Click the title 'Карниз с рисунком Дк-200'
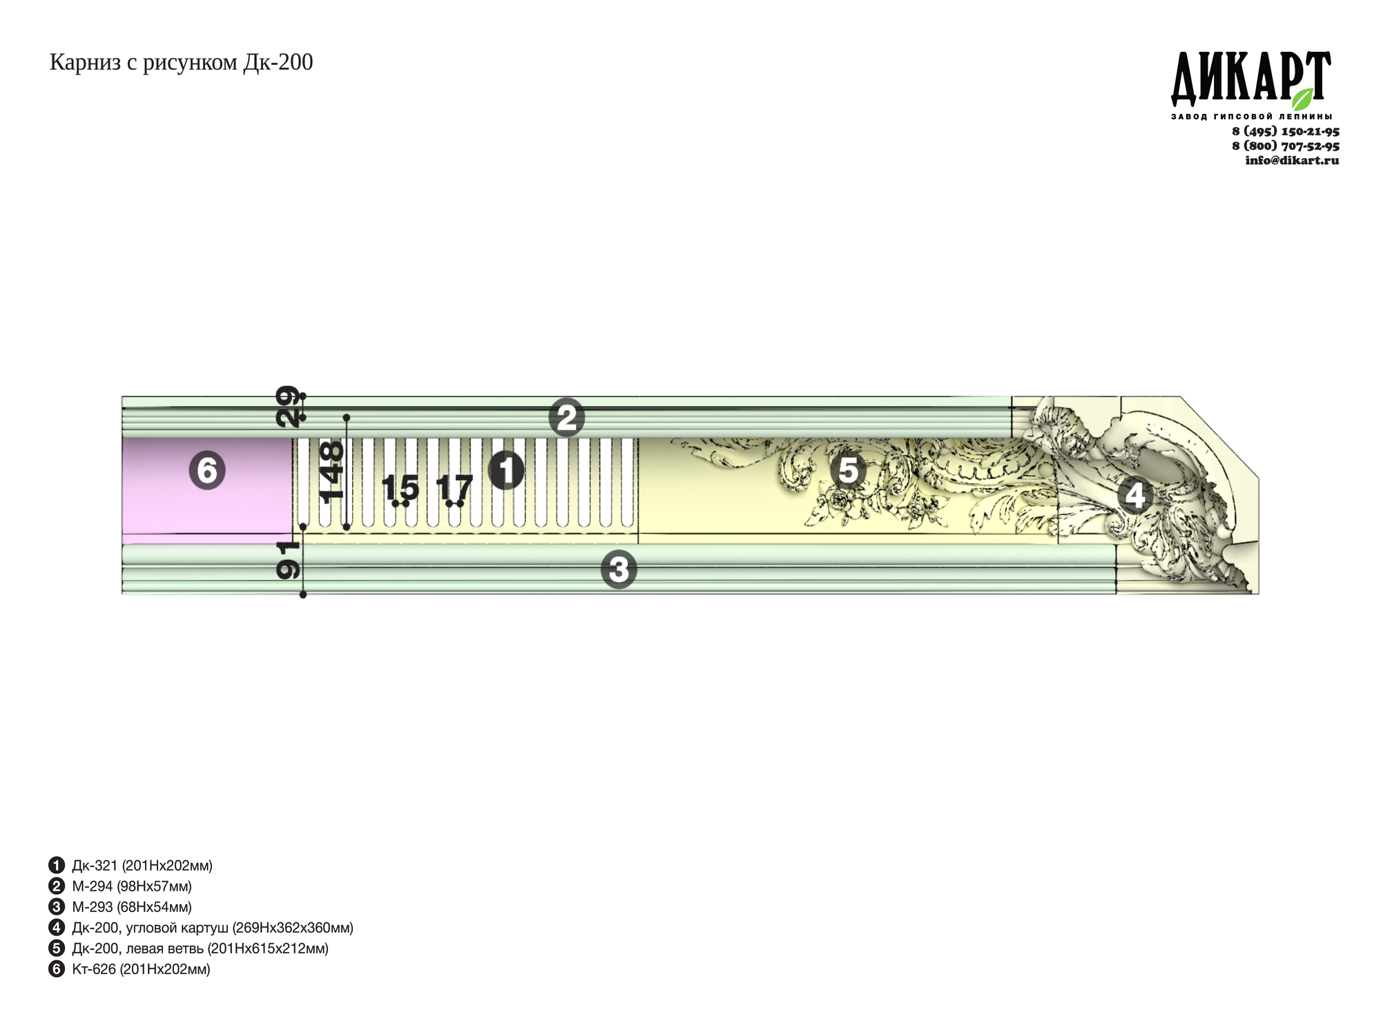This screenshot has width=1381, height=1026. [181, 63]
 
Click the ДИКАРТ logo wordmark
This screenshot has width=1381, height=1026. [1250, 77]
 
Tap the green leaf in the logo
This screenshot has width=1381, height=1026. [1302, 99]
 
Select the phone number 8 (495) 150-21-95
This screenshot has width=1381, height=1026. [1286, 131]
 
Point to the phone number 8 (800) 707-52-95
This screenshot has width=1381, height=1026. [1286, 146]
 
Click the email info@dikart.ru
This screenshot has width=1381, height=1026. [1292, 160]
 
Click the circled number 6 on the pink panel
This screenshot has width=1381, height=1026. [207, 471]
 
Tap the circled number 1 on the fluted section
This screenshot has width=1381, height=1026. [506, 471]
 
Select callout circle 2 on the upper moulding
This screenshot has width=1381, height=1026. [566, 418]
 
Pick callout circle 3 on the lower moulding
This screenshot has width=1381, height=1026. [619, 570]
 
